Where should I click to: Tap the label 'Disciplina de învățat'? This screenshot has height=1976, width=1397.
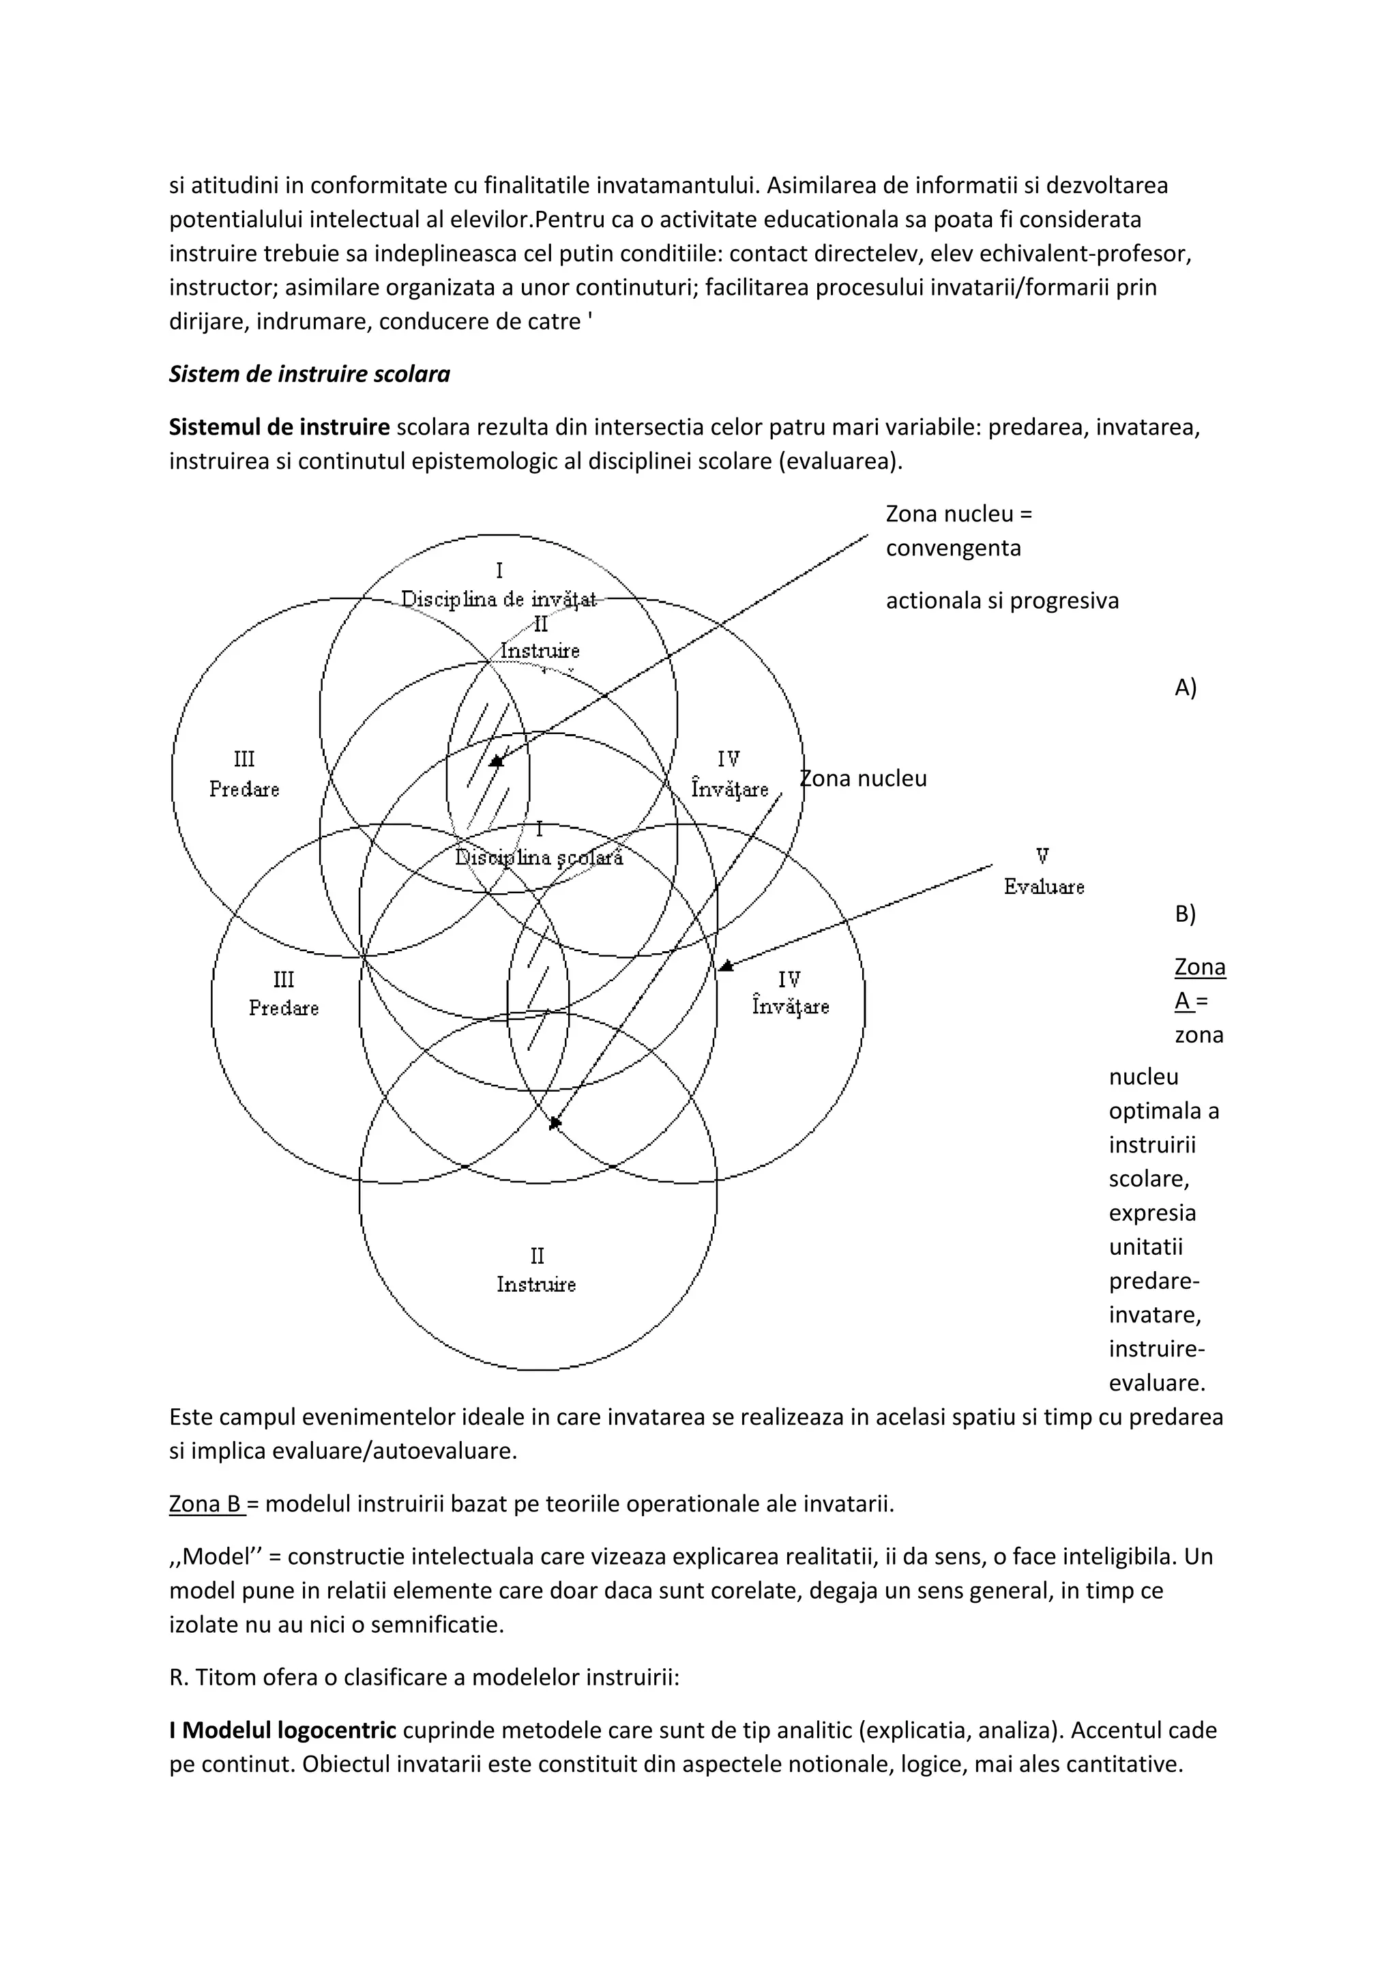(499, 600)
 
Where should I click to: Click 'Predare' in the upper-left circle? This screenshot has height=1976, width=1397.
(244, 789)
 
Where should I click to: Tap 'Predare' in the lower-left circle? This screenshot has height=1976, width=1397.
(284, 1008)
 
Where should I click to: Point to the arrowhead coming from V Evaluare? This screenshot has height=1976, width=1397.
(725, 966)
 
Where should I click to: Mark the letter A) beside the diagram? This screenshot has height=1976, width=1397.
(1186, 688)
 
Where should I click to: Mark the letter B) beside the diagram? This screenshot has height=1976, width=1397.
(1186, 914)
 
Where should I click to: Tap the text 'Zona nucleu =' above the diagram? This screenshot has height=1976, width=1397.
(958, 514)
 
